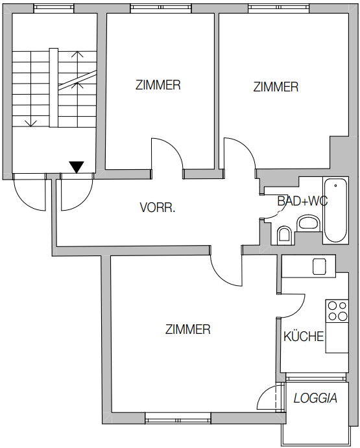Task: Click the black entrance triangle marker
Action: (77, 167)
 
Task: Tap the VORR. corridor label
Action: (158, 207)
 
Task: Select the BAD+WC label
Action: (302, 201)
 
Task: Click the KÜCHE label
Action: (304, 336)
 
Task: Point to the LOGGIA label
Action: (315, 398)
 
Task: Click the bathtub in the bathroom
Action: (335, 210)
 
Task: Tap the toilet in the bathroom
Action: (284, 235)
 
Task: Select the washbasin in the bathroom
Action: (308, 223)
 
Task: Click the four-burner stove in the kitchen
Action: (337, 311)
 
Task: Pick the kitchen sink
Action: (319, 266)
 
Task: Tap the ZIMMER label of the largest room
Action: (188, 329)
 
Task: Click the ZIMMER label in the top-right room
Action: (276, 87)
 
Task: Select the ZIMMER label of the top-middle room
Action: (158, 85)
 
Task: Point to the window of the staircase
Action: (54, 9)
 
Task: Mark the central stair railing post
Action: (54, 88)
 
